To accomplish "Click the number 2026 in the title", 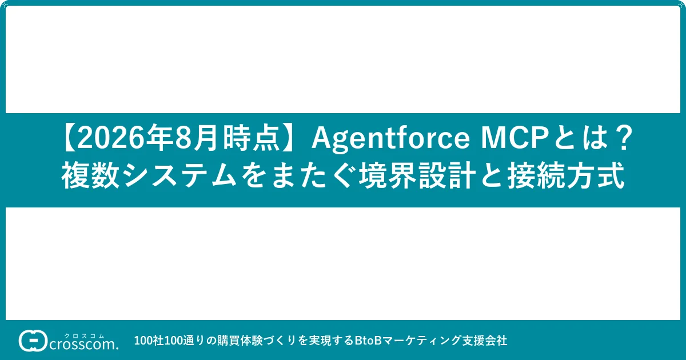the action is tap(110, 139).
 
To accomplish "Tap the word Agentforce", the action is tap(390, 139).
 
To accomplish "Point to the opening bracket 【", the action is tap(69, 139).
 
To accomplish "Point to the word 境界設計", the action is tap(417, 175).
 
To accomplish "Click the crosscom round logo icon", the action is tap(33, 341).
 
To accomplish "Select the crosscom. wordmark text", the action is tap(84, 345).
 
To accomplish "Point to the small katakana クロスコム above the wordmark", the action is tap(84, 336).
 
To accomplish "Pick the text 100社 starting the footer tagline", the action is tap(149, 341).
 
